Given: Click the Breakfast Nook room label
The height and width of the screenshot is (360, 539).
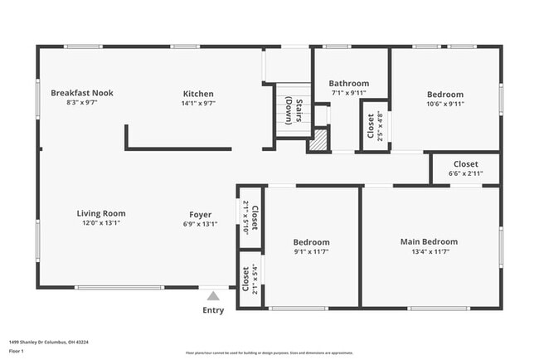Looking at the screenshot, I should [81, 93].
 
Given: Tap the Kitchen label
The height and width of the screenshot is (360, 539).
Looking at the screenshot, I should [198, 94].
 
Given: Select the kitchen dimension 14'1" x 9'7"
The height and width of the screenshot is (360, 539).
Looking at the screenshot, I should [198, 105].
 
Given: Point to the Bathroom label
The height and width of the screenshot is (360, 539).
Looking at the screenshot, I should [348, 83].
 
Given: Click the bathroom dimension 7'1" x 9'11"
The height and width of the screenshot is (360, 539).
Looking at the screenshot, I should [348, 93].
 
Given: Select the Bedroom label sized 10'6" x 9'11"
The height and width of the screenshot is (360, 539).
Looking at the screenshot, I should [444, 95].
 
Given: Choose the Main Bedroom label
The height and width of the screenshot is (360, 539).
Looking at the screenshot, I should [429, 242].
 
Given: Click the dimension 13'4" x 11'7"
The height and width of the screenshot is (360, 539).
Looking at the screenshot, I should [429, 253].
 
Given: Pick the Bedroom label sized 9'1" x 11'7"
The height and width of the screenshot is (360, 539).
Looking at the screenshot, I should [311, 242].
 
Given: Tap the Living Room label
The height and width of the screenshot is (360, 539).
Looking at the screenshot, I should [101, 213].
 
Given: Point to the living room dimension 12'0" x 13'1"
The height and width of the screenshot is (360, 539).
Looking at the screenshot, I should [101, 224].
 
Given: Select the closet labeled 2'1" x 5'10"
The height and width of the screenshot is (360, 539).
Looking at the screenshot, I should [250, 218].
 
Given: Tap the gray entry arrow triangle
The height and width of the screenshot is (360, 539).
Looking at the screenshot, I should [213, 295].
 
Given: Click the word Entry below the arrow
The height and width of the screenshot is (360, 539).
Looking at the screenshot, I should [213, 311].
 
